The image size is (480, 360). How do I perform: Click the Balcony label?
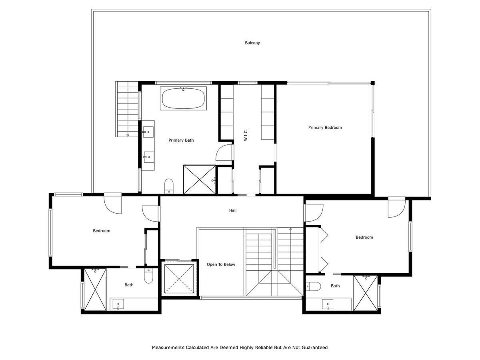[x=252, y=43]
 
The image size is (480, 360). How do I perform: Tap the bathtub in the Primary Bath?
[x=184, y=98]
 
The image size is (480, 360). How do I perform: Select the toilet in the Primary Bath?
[x=169, y=186]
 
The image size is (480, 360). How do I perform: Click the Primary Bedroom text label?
[x=325, y=128]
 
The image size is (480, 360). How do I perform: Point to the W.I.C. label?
[x=246, y=135]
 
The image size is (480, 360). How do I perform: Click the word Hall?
[x=233, y=210]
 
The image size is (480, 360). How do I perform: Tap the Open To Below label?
[x=221, y=264]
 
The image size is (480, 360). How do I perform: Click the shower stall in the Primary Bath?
[x=199, y=180]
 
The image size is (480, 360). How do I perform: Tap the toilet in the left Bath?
[x=149, y=276]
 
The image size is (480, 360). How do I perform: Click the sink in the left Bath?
[x=118, y=304]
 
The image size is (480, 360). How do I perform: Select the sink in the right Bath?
[x=328, y=304]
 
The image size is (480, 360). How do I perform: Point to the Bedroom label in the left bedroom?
[x=102, y=231]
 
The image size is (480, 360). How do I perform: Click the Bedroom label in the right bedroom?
[x=364, y=238]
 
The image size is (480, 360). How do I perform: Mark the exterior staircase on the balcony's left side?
[x=127, y=109]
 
